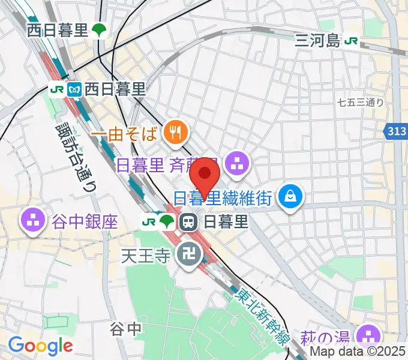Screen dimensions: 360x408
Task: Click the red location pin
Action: tap(205, 175)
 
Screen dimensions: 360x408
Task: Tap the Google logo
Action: tap(40, 345)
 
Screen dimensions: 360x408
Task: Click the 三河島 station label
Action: tap(317, 40)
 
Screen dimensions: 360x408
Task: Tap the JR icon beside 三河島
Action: tap(352, 40)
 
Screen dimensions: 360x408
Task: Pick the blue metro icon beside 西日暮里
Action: tap(74, 89)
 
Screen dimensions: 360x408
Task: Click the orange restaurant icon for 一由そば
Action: tap(175, 131)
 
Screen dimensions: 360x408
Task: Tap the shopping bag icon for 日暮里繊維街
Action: tap(290, 196)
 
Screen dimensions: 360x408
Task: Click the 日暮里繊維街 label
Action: tap(223, 197)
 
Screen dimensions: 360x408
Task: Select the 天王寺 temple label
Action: tap(146, 257)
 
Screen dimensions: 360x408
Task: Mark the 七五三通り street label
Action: tap(361, 103)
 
